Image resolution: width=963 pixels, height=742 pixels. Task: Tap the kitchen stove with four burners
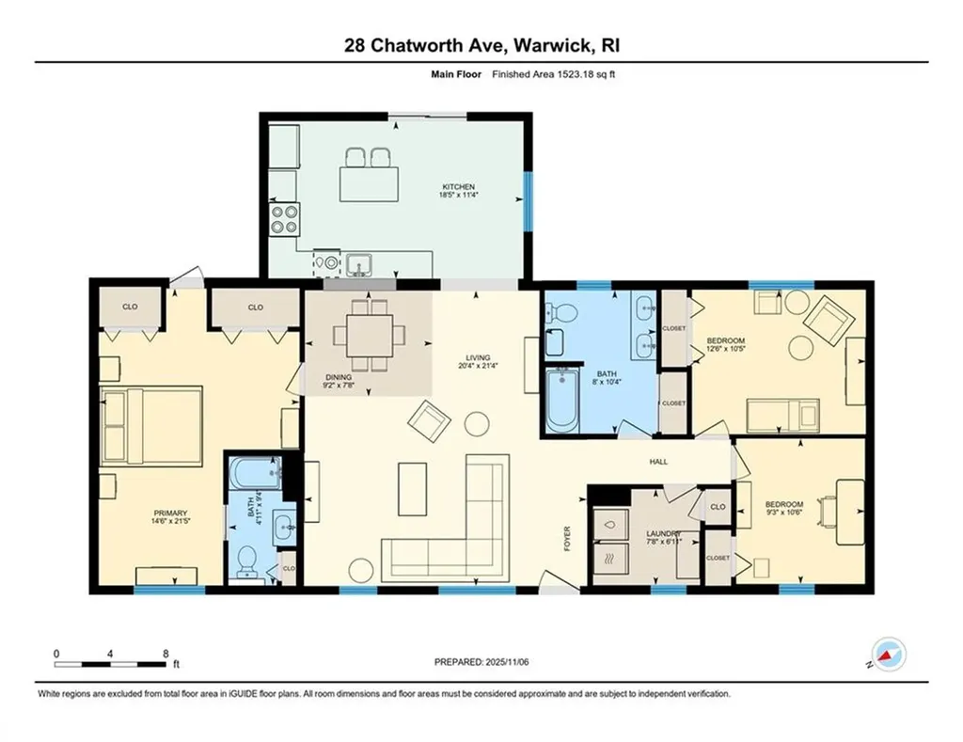tap(285, 219)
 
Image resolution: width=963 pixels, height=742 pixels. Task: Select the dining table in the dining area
tap(370, 335)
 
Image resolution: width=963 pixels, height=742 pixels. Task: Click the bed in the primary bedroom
tap(151, 426)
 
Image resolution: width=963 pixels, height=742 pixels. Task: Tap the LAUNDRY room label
tap(663, 534)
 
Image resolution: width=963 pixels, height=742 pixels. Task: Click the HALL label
tap(658, 462)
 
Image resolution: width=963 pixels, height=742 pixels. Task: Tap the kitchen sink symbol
tap(358, 265)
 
